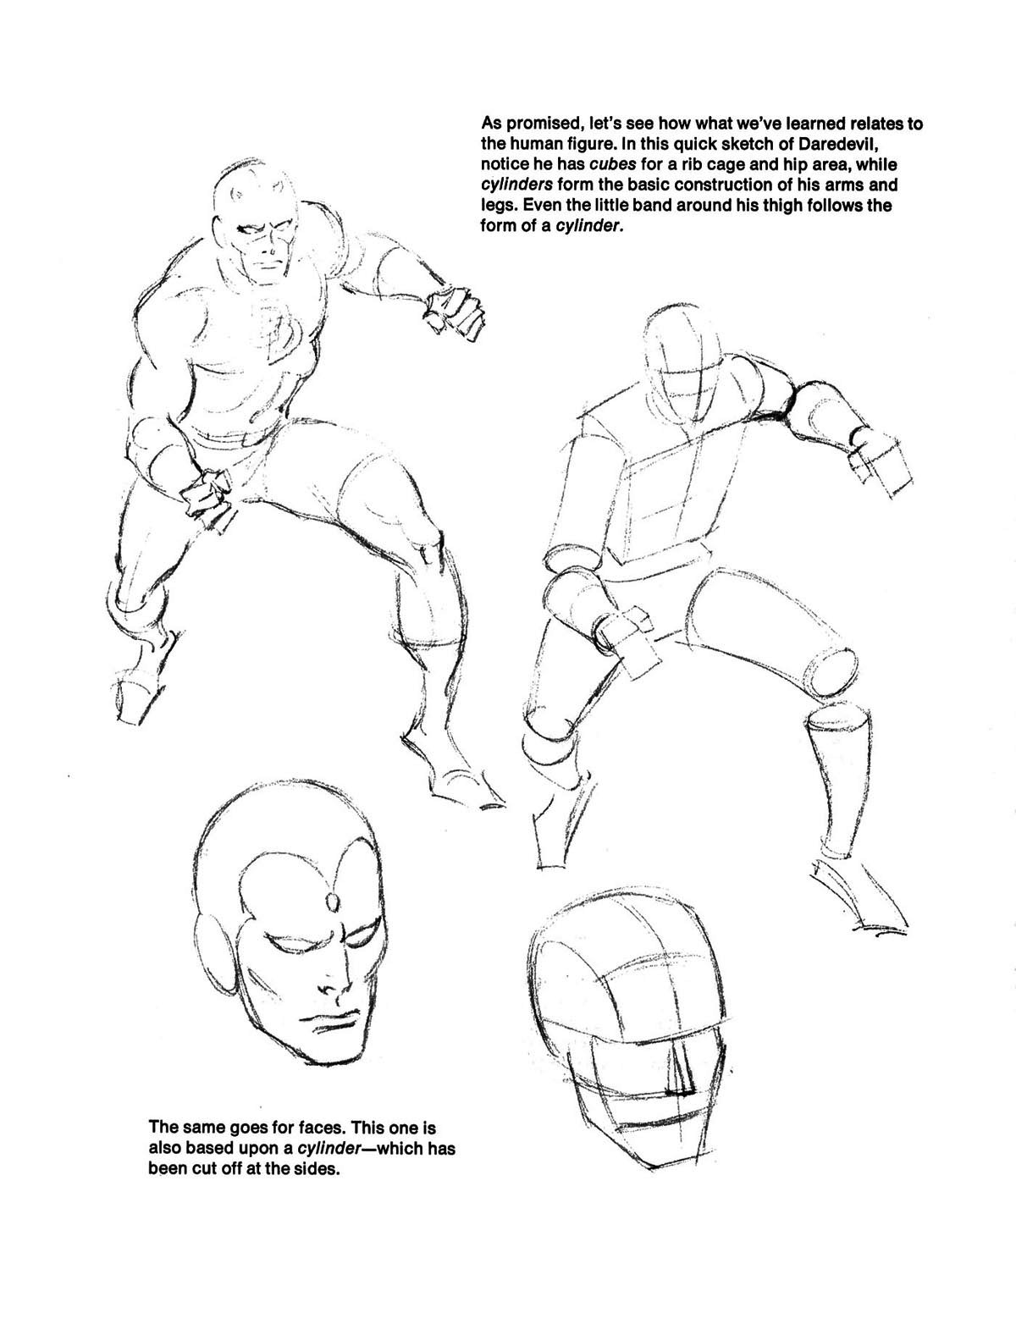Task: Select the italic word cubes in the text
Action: pyautogui.click(x=613, y=164)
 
